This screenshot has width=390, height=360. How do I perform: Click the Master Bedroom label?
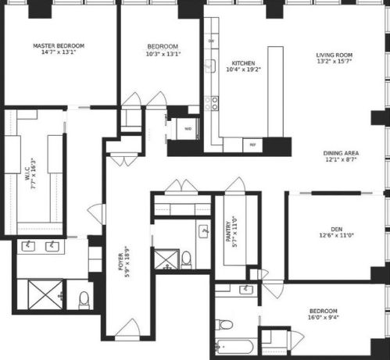pos(59,46)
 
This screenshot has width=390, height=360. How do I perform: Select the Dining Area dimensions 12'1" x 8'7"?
pos(341,159)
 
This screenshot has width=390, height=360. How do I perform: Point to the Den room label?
pos(337,230)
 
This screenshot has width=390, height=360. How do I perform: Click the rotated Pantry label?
pos(228,231)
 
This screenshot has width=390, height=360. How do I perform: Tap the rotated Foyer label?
pos(121,262)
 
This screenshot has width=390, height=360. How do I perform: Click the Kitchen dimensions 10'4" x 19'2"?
pos(244,70)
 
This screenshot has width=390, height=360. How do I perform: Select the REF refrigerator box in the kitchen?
pos(252,145)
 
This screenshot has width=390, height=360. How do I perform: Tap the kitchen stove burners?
pos(212,103)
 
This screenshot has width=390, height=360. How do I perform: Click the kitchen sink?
pos(210,66)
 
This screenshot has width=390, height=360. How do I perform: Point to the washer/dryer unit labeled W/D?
pos(188,129)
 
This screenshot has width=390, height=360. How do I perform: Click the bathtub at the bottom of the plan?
pos(234,347)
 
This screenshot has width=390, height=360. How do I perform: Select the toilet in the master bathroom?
pos(84,300)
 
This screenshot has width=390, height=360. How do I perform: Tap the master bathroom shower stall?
pos(45,295)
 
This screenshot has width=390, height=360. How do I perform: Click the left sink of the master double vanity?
pos(28,246)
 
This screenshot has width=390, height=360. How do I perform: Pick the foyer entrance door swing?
pos(127,329)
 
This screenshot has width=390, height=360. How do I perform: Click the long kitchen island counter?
pos(276,91)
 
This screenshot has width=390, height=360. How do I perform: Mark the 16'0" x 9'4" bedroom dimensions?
pos(323,317)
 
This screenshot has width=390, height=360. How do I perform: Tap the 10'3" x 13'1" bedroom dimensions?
pos(163,54)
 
